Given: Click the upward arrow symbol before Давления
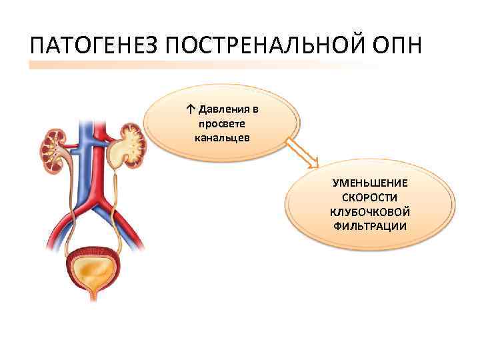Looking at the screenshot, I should pyautogui.click(x=191, y=109).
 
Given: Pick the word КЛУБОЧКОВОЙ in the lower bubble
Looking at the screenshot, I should pyautogui.click(x=370, y=212).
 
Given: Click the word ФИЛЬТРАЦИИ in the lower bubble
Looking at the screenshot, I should pyautogui.click(x=370, y=227).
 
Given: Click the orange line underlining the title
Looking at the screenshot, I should pyautogui.click(x=200, y=65).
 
